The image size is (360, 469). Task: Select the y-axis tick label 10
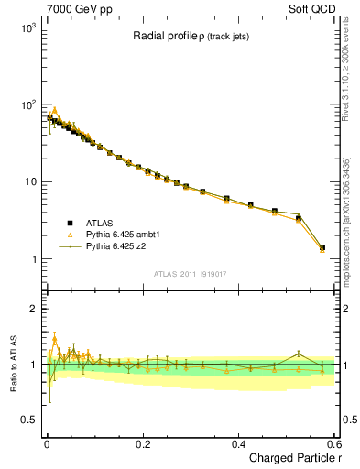pyautogui.click(x=30, y=182)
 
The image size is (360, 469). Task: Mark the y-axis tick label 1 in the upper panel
pyautogui.click(x=34, y=259)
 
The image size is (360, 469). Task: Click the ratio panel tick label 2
pyautogui.click(x=34, y=309)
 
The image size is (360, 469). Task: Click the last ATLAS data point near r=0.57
pyautogui.click(x=322, y=247)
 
